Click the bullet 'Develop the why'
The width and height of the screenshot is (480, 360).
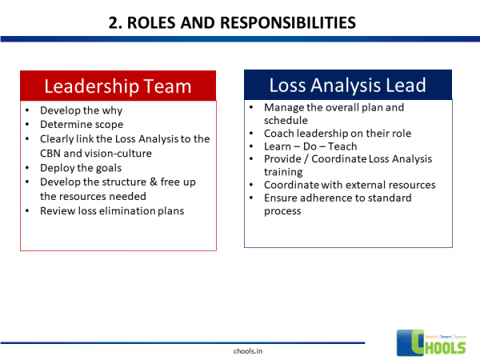(x=81, y=110)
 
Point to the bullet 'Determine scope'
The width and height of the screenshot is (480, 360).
(x=82, y=124)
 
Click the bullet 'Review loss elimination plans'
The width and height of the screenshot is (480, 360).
(x=112, y=210)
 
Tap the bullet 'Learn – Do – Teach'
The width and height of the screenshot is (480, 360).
(x=310, y=146)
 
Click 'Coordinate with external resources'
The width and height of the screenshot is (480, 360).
(x=350, y=185)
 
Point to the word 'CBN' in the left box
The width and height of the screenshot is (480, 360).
(x=51, y=153)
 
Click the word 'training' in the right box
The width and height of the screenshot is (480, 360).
(x=282, y=172)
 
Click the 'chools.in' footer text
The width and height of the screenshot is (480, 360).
(x=239, y=351)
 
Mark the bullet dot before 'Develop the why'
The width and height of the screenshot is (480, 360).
(x=28, y=110)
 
